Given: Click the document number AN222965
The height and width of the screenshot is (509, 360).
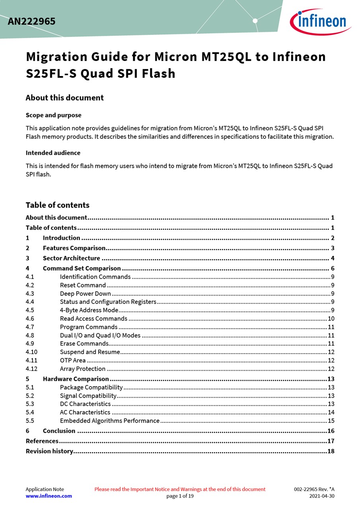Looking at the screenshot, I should (32, 21).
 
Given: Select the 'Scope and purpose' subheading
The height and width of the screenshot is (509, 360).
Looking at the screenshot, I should (53, 115).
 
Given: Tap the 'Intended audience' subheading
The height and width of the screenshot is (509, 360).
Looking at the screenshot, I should (53, 153).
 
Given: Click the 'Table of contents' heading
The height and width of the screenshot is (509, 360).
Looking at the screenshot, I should (57, 205).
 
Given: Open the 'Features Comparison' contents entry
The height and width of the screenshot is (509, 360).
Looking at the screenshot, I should (74, 248).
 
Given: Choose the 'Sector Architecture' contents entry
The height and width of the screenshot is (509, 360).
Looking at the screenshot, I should (71, 258).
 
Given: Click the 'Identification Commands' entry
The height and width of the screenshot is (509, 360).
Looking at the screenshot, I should (95, 277).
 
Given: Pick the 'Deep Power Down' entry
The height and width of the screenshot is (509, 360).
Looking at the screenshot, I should (85, 294).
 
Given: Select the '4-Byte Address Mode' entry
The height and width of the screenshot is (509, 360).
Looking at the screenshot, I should (89, 310).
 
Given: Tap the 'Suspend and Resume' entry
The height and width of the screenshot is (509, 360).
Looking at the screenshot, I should (90, 352).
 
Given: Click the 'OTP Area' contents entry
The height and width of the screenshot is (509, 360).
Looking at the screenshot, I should (73, 360).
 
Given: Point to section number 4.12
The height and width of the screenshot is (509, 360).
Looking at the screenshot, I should (31, 369).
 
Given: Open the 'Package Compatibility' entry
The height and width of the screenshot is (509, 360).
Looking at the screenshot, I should (91, 387).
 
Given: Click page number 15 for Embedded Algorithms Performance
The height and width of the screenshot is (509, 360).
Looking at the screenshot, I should (331, 421).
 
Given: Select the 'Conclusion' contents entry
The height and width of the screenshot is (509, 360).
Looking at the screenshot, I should (59, 431).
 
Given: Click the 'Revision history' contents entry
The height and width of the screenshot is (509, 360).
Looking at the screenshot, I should (49, 451).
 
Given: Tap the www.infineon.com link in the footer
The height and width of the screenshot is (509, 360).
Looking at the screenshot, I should (49, 496).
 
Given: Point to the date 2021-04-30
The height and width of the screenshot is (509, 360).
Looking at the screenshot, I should (322, 496).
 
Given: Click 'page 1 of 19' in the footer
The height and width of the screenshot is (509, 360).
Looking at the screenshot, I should (180, 496).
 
